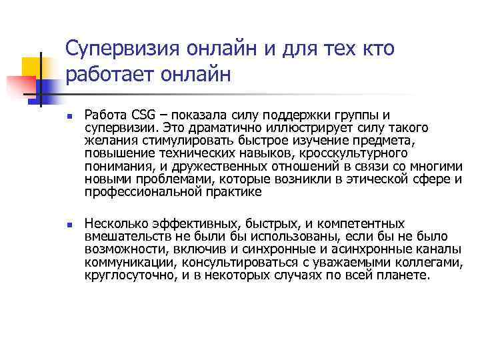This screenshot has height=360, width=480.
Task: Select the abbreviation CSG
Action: tap(144, 114)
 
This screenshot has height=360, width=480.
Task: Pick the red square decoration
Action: tap(19, 87)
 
